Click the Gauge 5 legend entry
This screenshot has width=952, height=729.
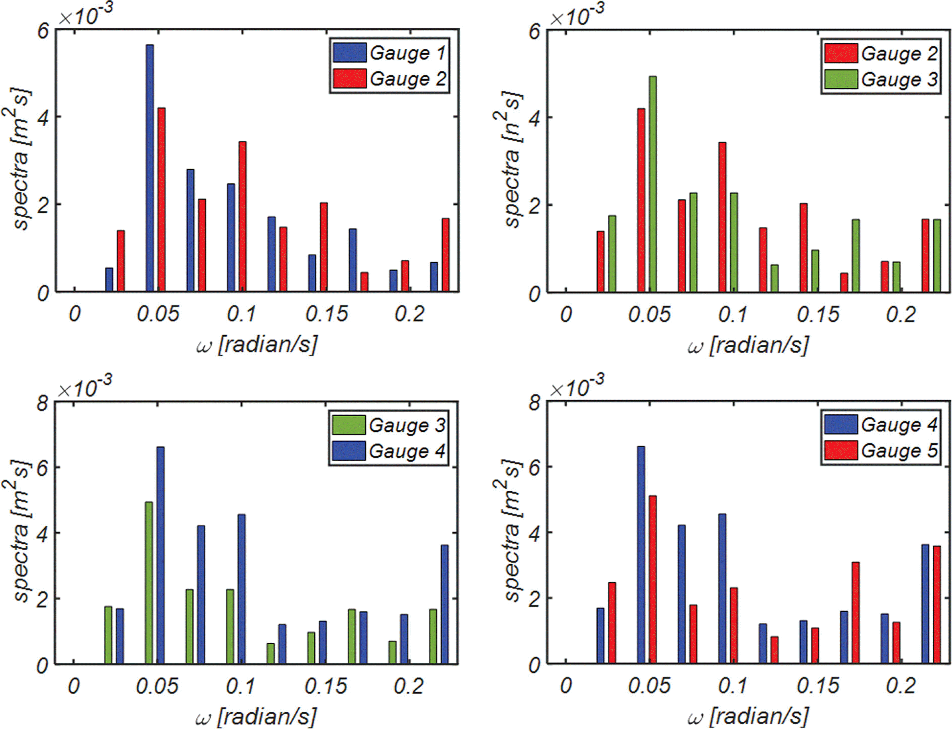881,451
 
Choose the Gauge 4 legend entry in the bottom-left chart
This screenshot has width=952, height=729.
388,451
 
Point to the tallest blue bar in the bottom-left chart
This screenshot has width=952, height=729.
160,555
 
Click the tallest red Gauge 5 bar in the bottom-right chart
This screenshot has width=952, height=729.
652,579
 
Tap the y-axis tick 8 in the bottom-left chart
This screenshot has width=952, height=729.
43,405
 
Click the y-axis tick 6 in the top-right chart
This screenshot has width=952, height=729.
534,32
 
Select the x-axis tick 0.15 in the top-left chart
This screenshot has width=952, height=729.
326,314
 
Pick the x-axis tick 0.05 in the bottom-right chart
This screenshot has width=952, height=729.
649,686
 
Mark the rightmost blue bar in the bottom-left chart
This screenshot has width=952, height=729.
444,604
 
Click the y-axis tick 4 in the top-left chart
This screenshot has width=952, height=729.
43,117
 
